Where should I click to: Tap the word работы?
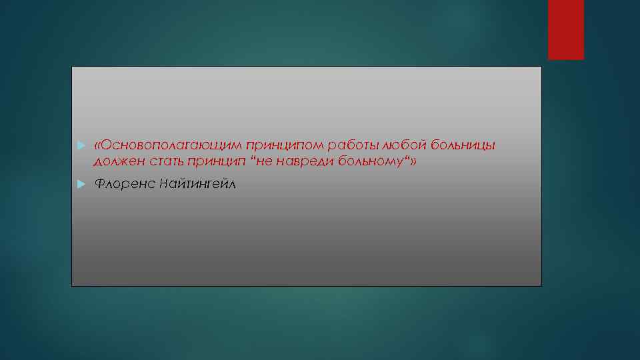[x=347, y=145]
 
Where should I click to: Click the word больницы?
[x=463, y=145]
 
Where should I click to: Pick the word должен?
[x=116, y=161]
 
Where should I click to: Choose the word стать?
[x=162, y=161]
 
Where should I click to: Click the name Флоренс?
[x=123, y=183]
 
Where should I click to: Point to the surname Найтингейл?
[x=197, y=183]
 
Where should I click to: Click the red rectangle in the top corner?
[x=565, y=30]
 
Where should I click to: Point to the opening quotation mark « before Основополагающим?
[x=98, y=145]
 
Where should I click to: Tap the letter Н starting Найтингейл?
[x=164, y=183]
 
